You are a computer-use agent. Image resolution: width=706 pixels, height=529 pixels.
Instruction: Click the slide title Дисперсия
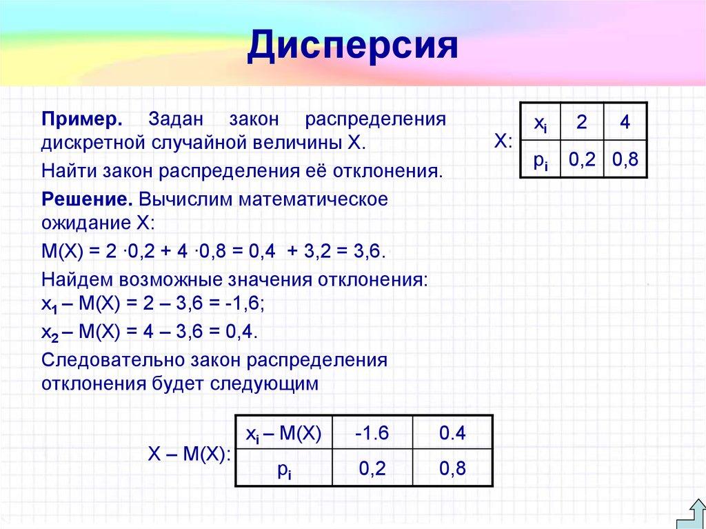point(353,46)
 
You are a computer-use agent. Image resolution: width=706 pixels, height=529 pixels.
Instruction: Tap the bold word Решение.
point(87,199)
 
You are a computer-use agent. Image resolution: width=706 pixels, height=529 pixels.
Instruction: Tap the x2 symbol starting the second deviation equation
point(50,332)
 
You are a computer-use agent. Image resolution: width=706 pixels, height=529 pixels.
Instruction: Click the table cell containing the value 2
point(582,123)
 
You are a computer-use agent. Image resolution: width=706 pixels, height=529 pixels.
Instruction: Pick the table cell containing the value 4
point(625,123)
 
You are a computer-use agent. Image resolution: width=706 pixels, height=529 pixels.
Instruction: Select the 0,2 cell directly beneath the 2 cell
point(582,160)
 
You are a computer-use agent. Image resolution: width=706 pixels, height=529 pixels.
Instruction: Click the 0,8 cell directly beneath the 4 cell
point(625,160)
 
